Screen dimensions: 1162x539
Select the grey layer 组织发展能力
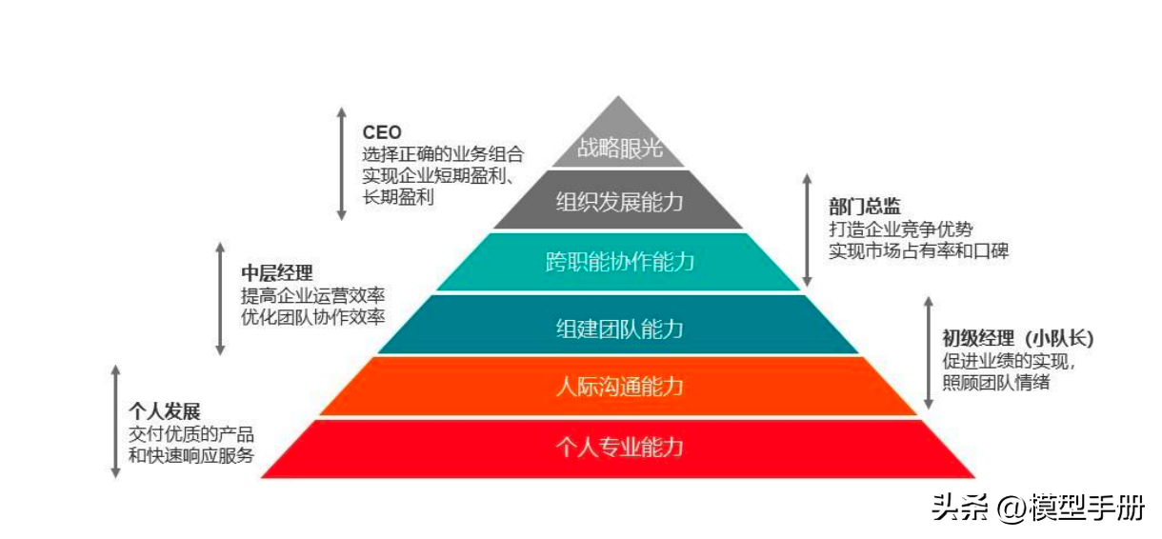(619, 201)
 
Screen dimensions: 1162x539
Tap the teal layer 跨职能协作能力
(619, 262)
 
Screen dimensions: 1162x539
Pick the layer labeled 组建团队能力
(619, 329)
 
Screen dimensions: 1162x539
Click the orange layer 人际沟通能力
(619, 388)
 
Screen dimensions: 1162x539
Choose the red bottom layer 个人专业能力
(619, 447)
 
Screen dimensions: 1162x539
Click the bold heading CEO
(382, 132)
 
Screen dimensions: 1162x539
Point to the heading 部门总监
(864, 207)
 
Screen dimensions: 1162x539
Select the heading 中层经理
(276, 273)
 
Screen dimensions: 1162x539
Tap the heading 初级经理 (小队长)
(1018, 339)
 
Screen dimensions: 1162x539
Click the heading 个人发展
(164, 411)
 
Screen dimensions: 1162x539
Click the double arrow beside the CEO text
(341, 163)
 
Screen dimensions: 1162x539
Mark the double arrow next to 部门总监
(808, 230)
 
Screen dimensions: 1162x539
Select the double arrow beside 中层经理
(220, 298)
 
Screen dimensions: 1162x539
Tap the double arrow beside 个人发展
(115, 420)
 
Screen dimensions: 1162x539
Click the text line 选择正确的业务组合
(442, 154)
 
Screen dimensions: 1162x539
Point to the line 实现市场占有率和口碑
(917, 251)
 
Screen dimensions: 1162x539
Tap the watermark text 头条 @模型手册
(1037, 508)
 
